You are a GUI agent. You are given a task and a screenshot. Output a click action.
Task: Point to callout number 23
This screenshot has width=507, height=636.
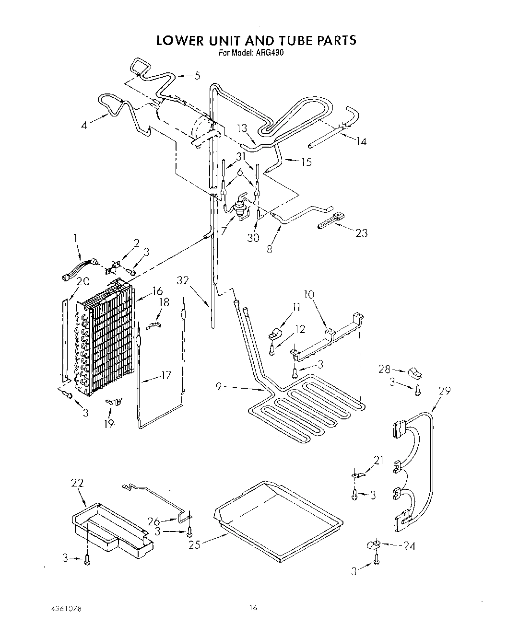pos(361,233)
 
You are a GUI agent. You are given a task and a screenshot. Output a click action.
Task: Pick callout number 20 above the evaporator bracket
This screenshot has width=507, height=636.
pos(83,281)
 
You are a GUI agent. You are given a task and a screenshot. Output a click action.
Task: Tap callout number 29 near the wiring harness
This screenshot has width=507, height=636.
pos(444,391)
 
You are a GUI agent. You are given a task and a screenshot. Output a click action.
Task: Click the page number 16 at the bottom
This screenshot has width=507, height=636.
pos(253,608)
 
